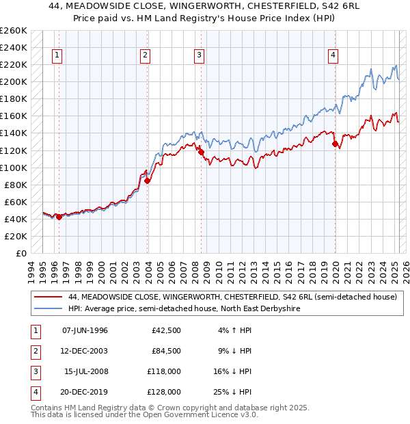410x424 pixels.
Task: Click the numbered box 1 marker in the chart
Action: [56, 56]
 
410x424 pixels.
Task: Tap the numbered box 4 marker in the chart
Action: [333, 56]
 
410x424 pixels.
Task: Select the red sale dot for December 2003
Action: [147, 181]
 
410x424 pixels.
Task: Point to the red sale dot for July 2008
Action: [201, 152]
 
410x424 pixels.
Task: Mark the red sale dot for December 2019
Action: [335, 144]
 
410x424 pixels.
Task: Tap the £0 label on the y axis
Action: [20, 253]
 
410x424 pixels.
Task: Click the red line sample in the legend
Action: [48, 297]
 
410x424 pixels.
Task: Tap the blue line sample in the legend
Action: [48, 308]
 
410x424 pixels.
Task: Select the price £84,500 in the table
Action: [166, 352]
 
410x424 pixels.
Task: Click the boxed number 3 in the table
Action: [34, 371]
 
